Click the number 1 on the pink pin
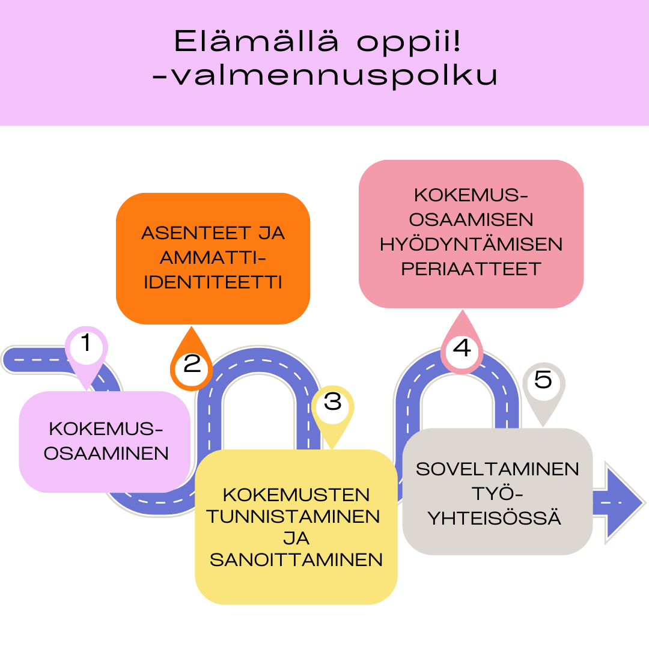(86, 343)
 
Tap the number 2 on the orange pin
(192, 364)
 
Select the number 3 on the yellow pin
(333, 401)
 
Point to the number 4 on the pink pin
(462, 348)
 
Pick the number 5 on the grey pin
(543, 380)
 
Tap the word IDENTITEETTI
(213, 282)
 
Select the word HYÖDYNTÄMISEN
(471, 244)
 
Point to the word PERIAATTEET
(471, 269)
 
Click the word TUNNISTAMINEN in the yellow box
(293, 517)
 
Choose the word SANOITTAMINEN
(296, 560)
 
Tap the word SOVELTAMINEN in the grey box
(497, 469)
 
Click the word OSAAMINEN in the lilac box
(106, 454)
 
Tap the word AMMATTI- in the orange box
(213, 258)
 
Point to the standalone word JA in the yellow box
(296, 538)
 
